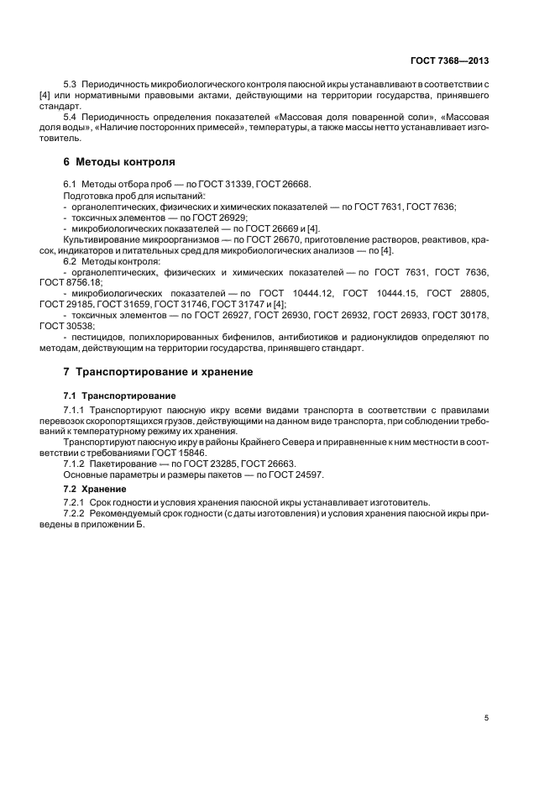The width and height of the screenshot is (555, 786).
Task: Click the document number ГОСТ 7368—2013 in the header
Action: (x=449, y=60)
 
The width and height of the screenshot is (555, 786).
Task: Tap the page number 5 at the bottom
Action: (x=486, y=718)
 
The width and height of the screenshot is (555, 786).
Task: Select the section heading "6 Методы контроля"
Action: (x=119, y=161)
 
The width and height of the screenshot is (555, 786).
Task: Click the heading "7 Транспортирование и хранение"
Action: (x=164, y=371)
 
